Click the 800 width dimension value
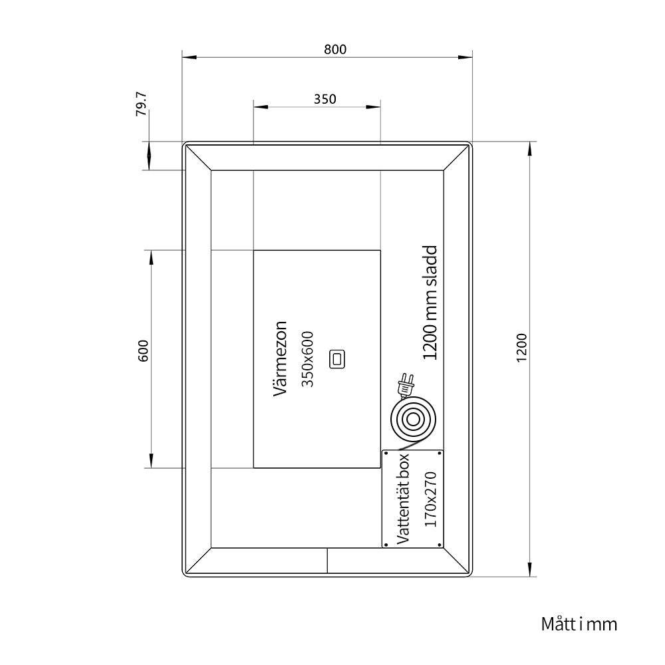pyautogui.click(x=335, y=50)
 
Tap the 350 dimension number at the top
pyautogui.click(x=325, y=99)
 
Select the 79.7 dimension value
pyautogui.click(x=141, y=104)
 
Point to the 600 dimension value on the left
pyautogui.click(x=144, y=350)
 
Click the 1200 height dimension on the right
pyautogui.click(x=521, y=347)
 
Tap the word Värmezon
pyautogui.click(x=281, y=359)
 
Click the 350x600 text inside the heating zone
pyautogui.click(x=307, y=359)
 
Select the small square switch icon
pyautogui.click(x=337, y=359)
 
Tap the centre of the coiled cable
pyautogui.click(x=413, y=420)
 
